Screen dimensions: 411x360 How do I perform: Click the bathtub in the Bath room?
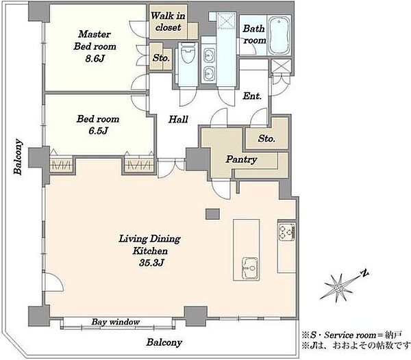[x=279, y=35]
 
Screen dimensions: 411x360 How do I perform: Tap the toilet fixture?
[x=188, y=53]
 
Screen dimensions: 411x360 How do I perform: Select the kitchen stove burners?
[x=286, y=231]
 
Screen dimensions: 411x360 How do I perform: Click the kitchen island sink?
[x=250, y=268]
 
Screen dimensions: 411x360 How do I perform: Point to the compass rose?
[x=340, y=287]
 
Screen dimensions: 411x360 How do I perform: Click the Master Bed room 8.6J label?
[x=95, y=47]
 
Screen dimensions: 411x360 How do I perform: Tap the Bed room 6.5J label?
[x=98, y=125]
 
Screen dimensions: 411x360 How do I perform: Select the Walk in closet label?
[x=168, y=21]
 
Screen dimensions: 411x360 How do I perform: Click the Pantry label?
[x=241, y=159]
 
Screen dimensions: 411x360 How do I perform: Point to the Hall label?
[x=178, y=119]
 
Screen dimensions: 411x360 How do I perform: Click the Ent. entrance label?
[x=252, y=96]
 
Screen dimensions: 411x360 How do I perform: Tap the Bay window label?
[x=116, y=322]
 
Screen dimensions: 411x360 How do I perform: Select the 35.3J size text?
[x=151, y=263]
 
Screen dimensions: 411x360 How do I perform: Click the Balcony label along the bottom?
[x=164, y=342]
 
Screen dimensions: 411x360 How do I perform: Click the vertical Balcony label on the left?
[x=18, y=157]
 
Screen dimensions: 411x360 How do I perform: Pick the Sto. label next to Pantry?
[x=266, y=138]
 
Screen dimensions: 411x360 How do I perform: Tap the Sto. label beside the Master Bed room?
[x=161, y=57]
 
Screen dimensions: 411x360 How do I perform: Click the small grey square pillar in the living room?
[x=212, y=214]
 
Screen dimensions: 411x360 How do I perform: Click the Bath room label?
[x=254, y=34]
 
